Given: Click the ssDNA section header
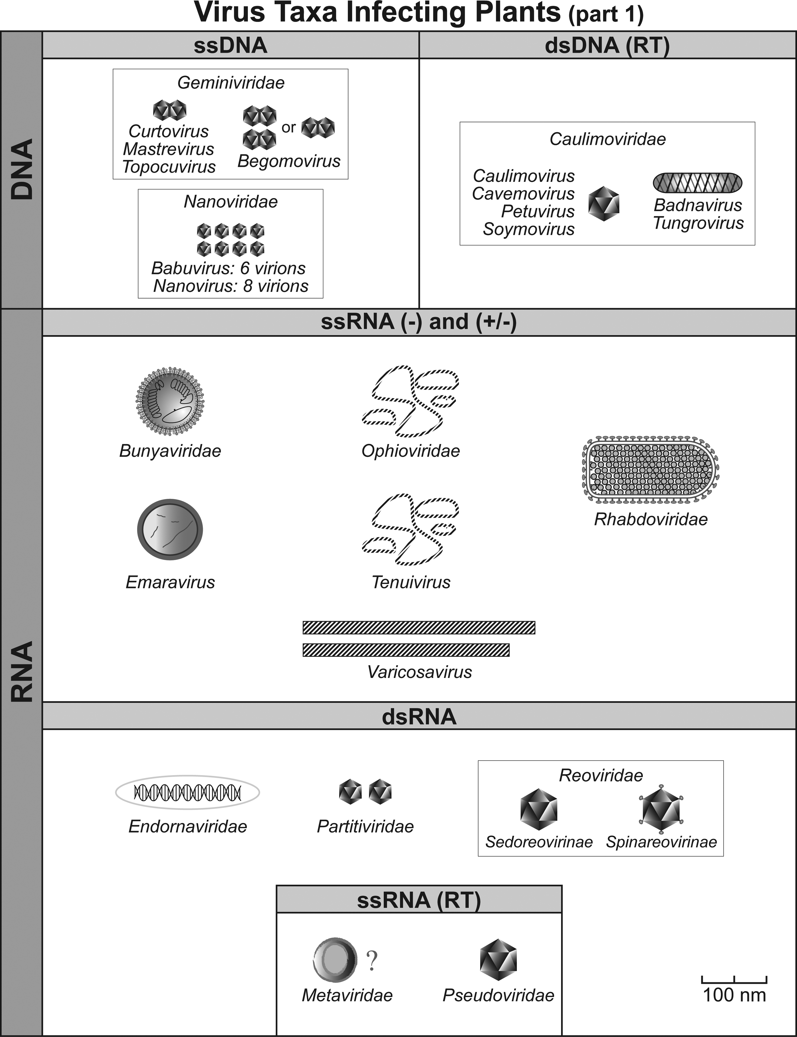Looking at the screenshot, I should pyautogui.click(x=231, y=46).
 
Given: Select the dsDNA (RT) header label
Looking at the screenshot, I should pyautogui.click(x=607, y=46).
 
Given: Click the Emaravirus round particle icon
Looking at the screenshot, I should pyautogui.click(x=170, y=529).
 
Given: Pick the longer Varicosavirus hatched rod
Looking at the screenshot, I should pyautogui.click(x=419, y=627).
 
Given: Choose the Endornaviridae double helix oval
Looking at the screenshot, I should pyautogui.click(x=187, y=792).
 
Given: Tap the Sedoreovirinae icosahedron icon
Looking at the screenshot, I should pyautogui.click(x=538, y=809).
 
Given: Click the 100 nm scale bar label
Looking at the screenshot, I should pyautogui.click(x=734, y=995).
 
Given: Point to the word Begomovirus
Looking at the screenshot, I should pyautogui.click(x=289, y=161).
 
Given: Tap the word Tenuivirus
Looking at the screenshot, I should pyautogui.click(x=411, y=582).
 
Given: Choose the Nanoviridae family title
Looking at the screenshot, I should pyautogui.click(x=231, y=202).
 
